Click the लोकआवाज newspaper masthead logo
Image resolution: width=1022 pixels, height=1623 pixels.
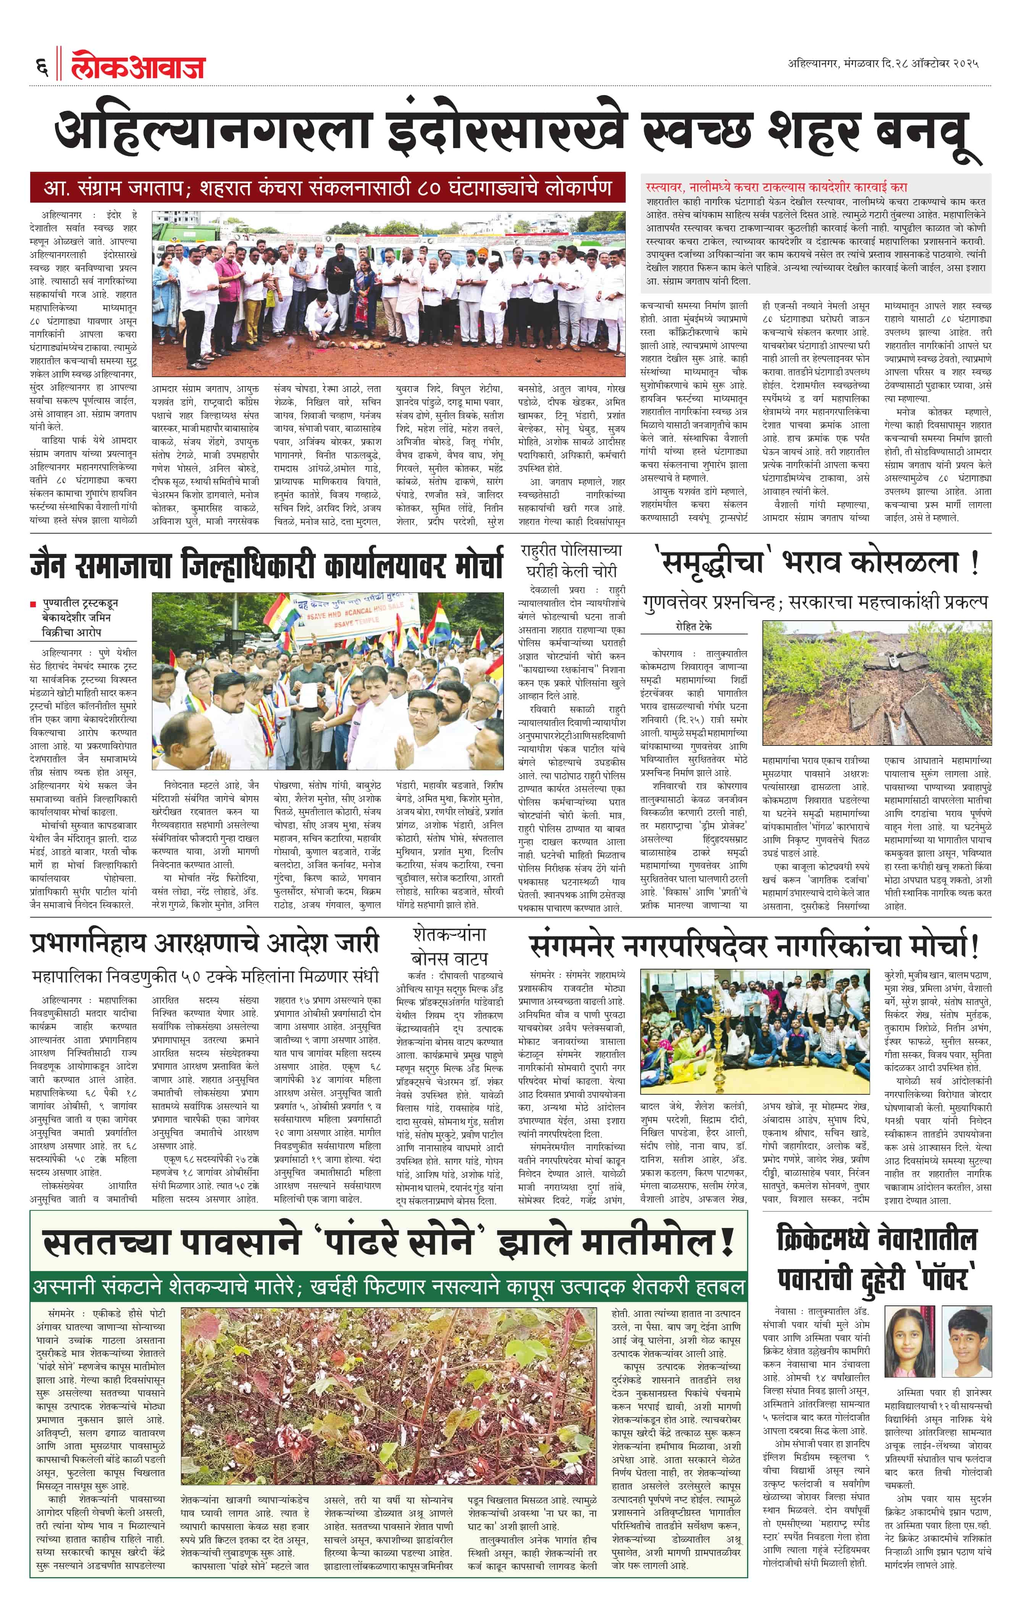[x=138, y=67]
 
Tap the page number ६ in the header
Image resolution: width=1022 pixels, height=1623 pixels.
[x=42, y=67]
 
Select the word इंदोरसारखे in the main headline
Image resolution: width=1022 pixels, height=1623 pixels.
[x=509, y=131]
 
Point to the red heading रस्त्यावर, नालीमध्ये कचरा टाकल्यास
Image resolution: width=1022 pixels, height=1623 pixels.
[x=775, y=187]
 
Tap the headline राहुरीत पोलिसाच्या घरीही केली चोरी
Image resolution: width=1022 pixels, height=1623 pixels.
[x=572, y=561]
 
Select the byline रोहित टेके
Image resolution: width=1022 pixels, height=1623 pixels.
[x=693, y=626]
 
